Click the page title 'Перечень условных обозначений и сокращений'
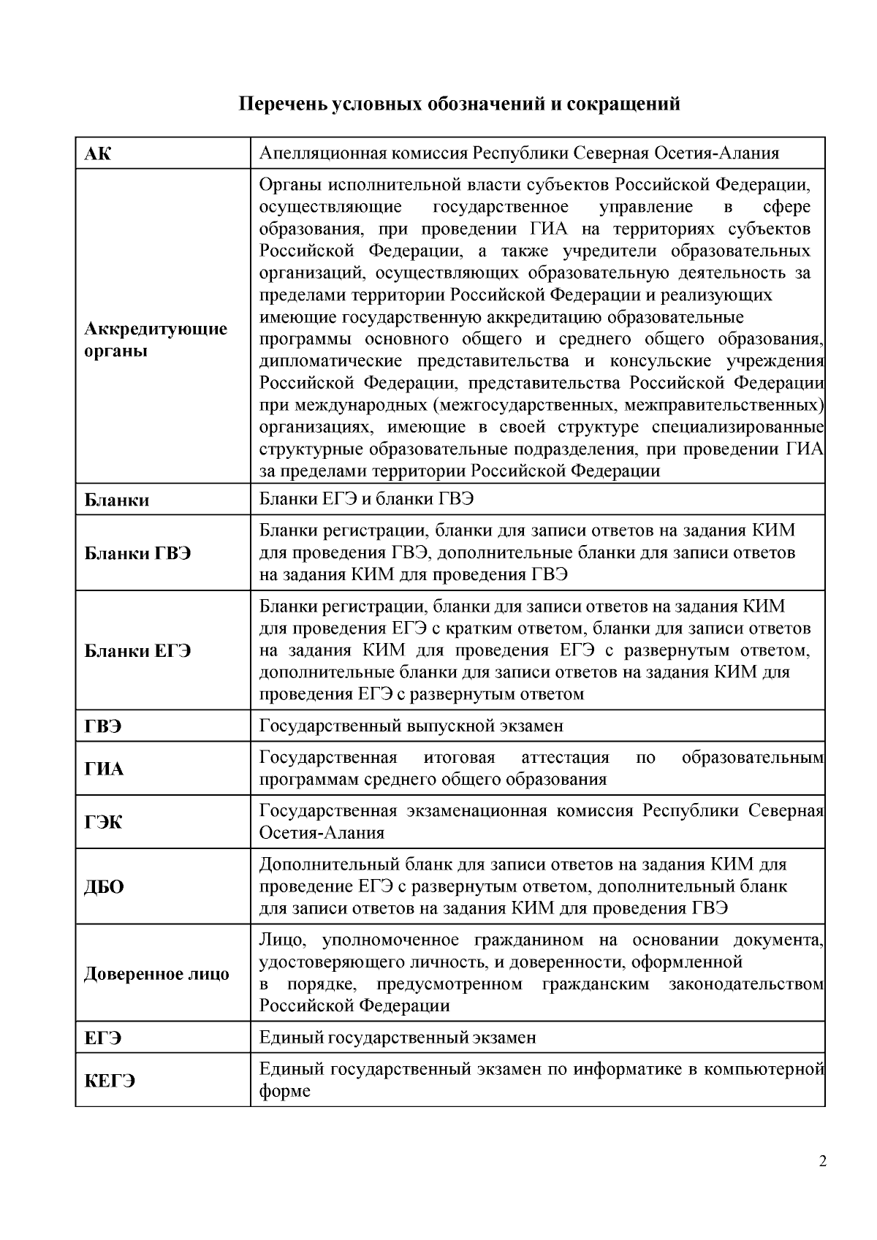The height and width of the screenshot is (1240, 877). coord(460,104)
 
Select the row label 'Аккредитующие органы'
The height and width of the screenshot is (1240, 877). coord(156,340)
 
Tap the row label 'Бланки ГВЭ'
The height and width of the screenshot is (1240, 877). coord(137,552)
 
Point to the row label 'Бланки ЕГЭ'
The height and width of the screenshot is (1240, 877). coord(137,650)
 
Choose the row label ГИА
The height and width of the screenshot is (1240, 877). coord(104,769)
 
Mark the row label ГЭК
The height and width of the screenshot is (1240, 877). coord(103,822)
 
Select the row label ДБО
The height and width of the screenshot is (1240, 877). coord(104,886)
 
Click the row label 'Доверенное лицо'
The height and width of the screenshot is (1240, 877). coord(156,973)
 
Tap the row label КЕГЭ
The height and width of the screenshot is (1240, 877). coord(110,1081)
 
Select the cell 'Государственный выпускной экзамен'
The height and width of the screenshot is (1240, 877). coord(411,726)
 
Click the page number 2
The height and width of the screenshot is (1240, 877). coord(823,1162)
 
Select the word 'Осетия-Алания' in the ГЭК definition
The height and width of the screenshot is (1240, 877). coord(322,833)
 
